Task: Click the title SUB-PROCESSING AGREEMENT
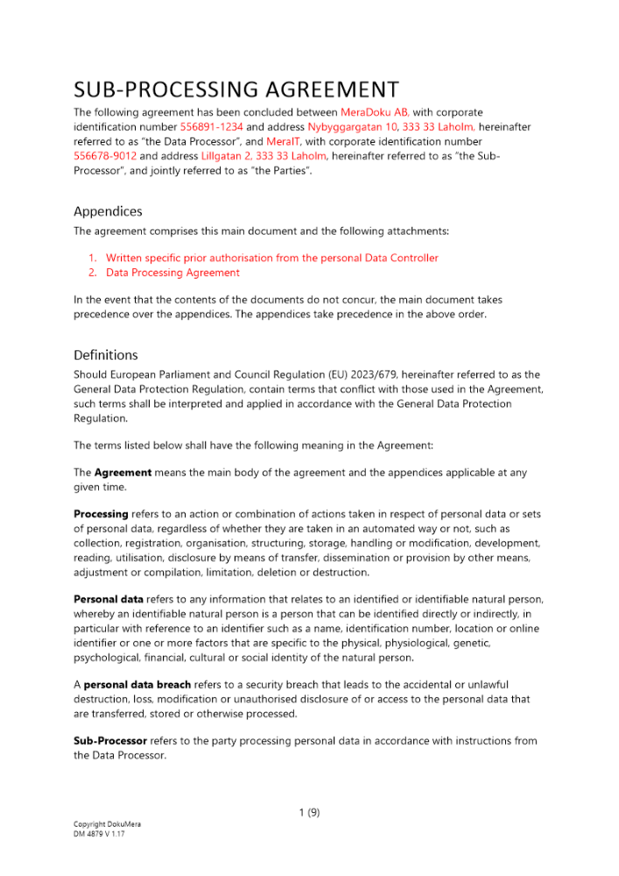pos(236,89)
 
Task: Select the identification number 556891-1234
pos(211,127)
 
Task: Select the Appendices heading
pos(108,211)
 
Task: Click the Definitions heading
pos(106,355)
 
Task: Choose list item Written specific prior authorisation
pos(271,258)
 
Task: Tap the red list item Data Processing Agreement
pos(172,272)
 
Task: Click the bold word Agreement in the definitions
pos(123,473)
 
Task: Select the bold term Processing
pos(101,515)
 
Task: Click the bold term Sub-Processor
pos(110,741)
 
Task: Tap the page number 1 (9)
pos(309,812)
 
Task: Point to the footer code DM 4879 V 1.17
pos(101,834)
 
